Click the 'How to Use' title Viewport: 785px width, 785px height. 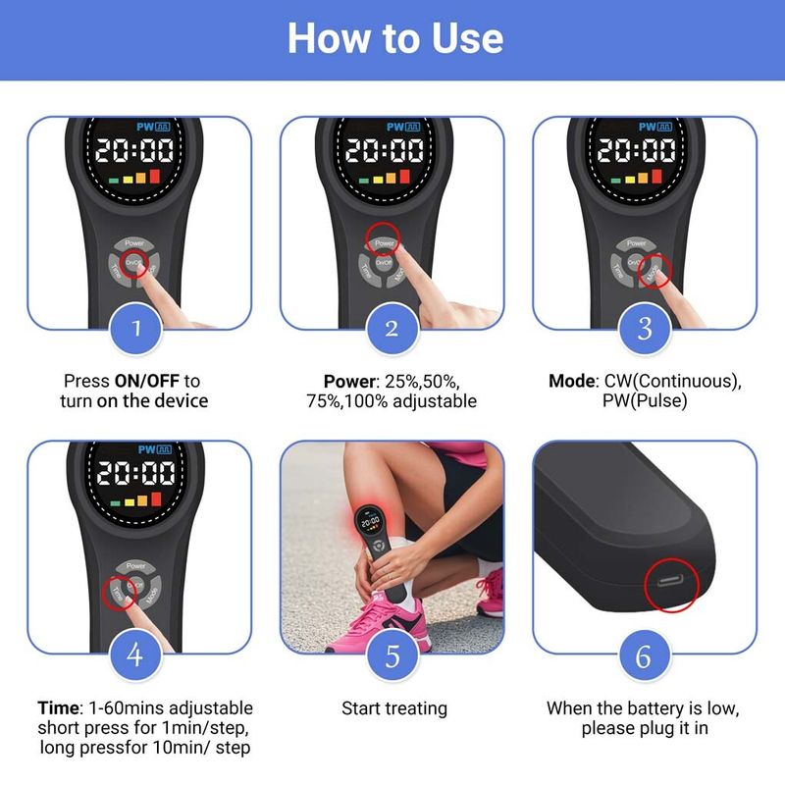395,38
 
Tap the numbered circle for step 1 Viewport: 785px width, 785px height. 135,329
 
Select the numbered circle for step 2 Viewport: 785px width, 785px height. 392,329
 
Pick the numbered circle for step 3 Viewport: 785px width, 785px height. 645,329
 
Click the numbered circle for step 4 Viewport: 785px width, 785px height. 135,654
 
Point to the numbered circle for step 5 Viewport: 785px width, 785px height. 392,655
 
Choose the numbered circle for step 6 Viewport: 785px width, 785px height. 645,655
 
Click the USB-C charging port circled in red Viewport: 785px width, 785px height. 670,582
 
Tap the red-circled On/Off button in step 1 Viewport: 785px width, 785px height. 133,263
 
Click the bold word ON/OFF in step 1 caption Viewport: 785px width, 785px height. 146,381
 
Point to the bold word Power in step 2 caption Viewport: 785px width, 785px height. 349,382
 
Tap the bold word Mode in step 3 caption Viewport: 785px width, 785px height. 571,381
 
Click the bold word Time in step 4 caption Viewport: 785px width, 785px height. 58,707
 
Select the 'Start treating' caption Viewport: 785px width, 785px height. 394,708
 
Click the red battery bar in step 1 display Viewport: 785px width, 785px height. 155,176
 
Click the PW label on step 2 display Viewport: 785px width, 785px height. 395,127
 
